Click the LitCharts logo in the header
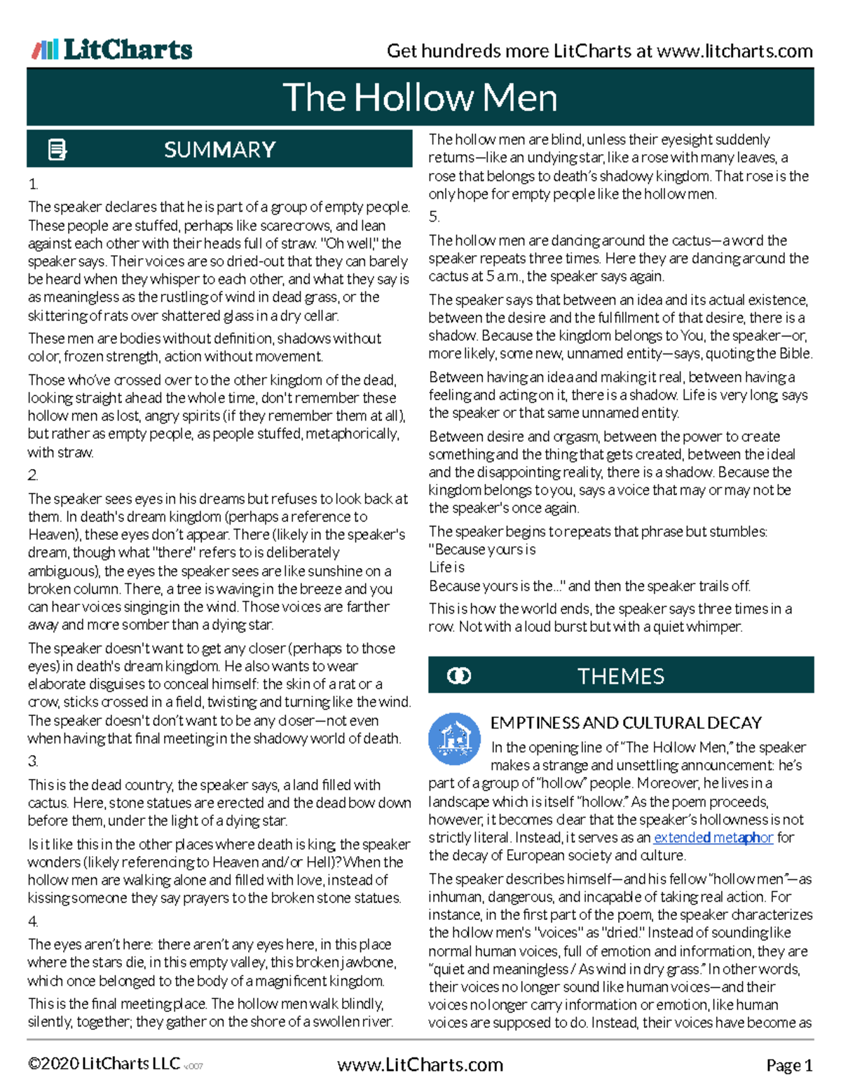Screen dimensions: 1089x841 112,49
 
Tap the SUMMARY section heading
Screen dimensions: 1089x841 219,149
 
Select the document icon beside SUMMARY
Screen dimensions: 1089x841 57,149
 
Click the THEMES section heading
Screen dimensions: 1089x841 620,676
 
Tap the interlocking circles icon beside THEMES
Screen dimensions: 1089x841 459,676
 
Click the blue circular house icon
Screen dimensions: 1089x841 454,738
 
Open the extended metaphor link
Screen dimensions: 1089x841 713,837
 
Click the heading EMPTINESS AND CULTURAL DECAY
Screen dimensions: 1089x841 626,723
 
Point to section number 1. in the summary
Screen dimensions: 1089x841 33,184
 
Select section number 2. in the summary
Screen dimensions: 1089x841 33,475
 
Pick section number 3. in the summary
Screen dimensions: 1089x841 33,762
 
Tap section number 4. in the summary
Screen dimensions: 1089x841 33,921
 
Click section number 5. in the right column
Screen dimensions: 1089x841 434,217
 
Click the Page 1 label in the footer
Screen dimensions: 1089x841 789,1066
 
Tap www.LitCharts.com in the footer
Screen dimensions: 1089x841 420,1065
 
